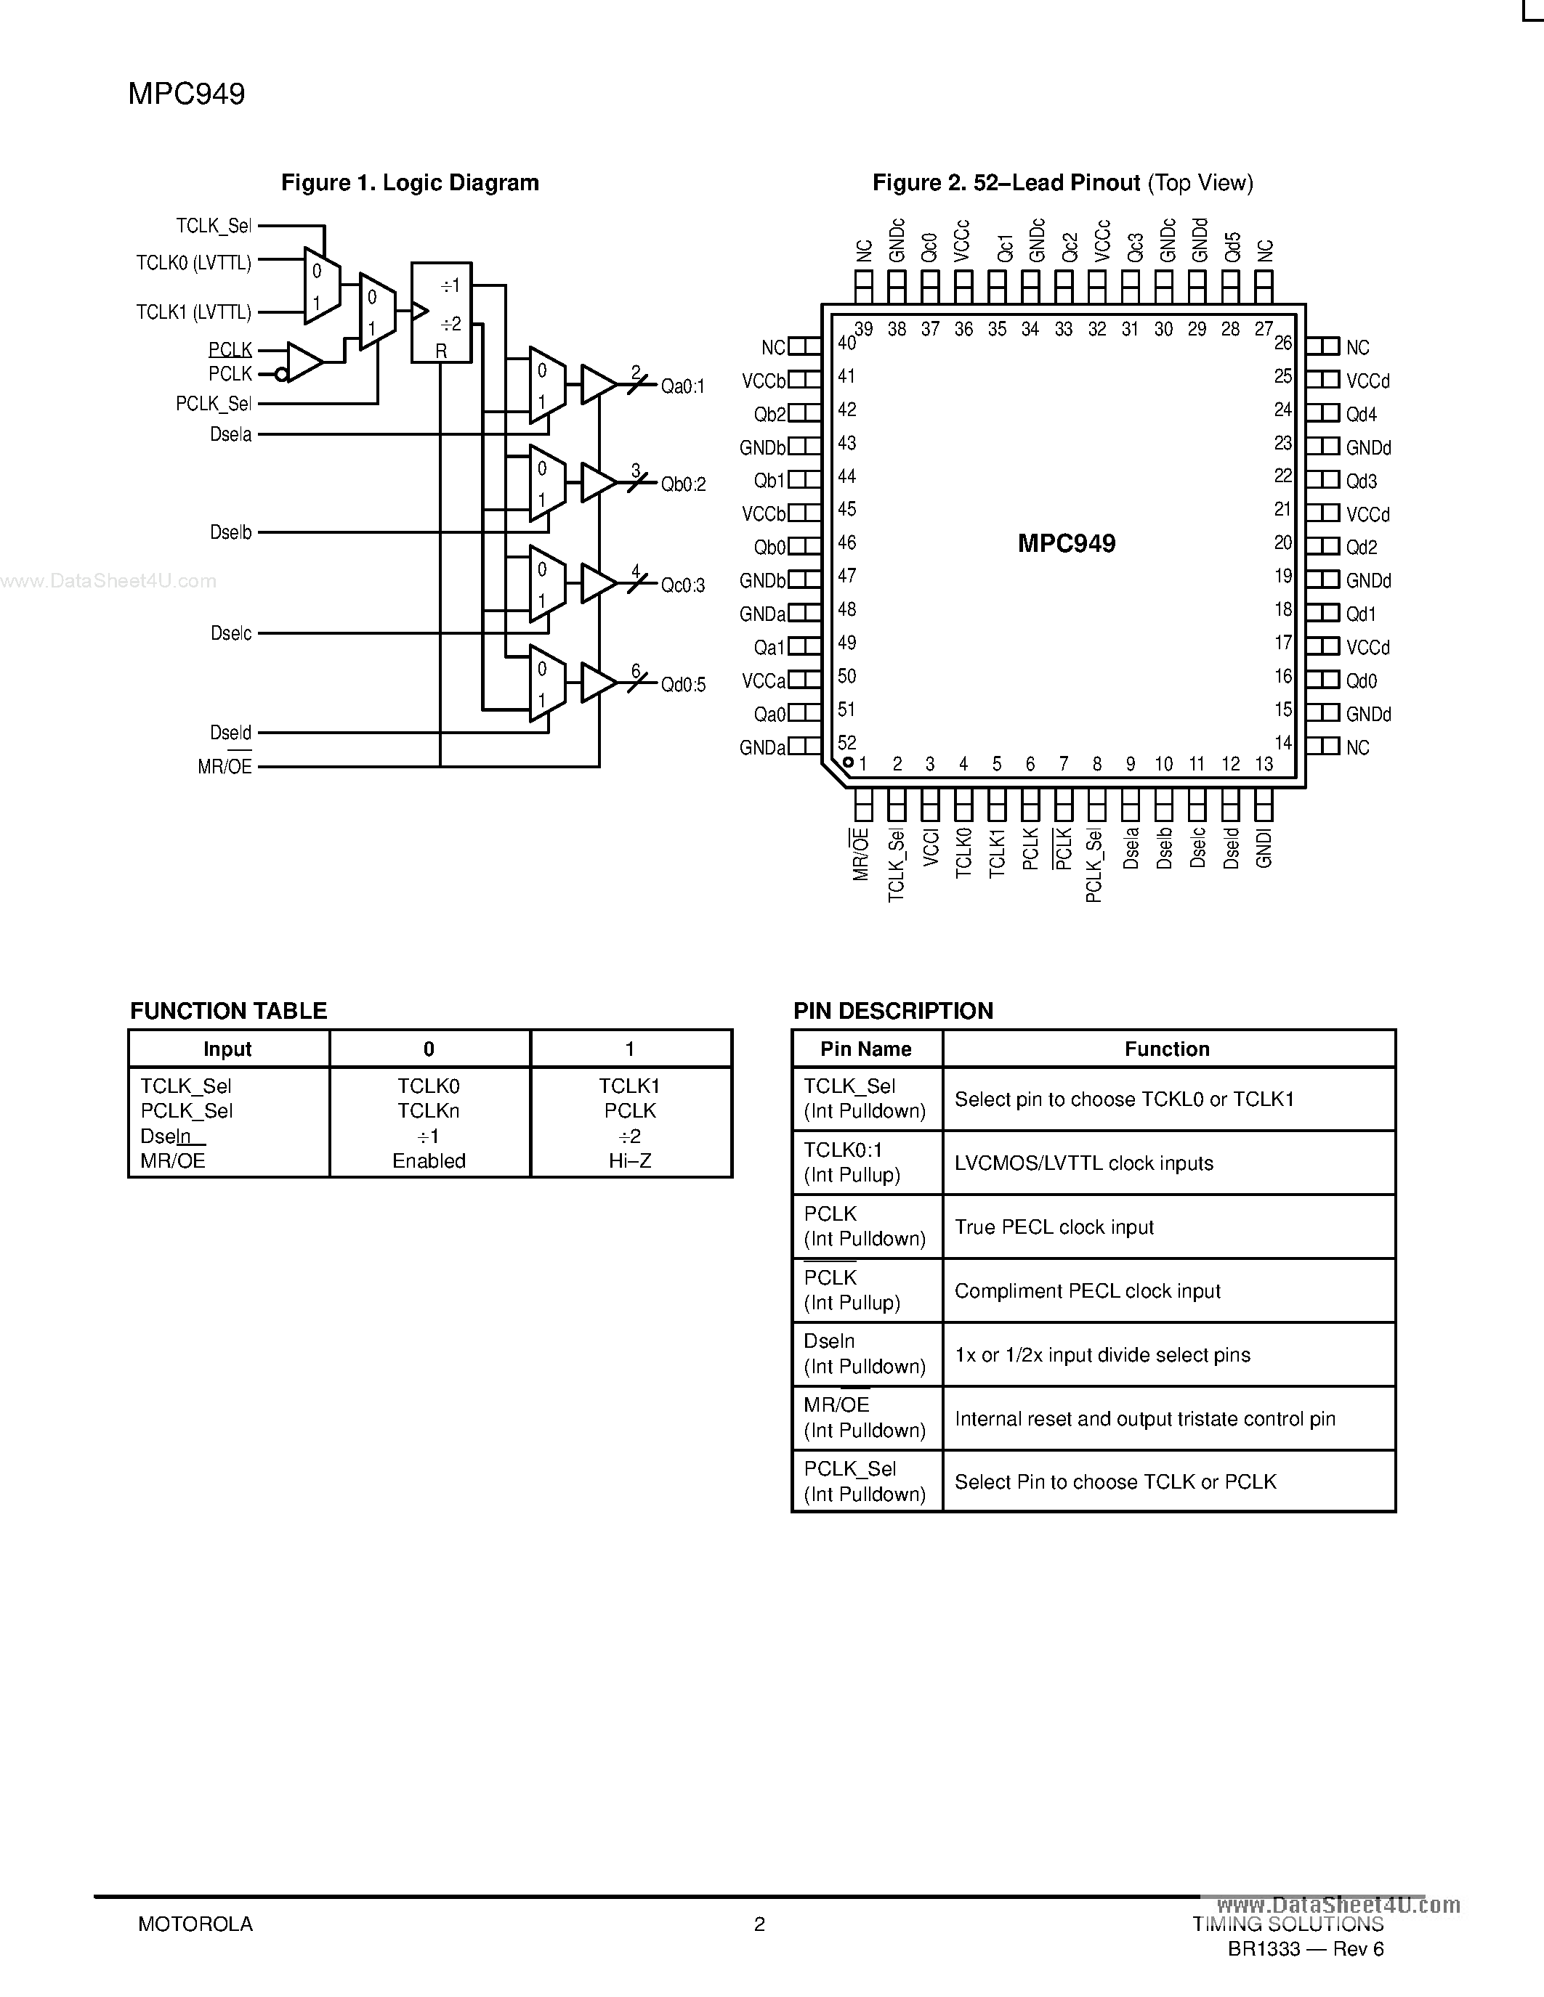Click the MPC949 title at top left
click(187, 94)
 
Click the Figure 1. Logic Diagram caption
click(410, 183)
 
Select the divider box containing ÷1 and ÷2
click(441, 313)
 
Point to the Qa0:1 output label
click(682, 387)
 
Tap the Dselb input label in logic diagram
click(230, 532)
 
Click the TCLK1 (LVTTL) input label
click(194, 313)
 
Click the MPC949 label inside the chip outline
click(1067, 544)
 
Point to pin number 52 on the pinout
click(847, 742)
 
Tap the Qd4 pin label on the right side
click(1361, 414)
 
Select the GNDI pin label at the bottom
click(1264, 848)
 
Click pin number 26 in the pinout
click(1283, 343)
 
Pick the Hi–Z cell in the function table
click(630, 1160)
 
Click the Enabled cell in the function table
click(429, 1160)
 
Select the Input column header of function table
click(227, 1049)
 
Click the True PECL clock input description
click(1054, 1227)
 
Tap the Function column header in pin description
click(1167, 1049)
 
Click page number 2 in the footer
click(759, 1924)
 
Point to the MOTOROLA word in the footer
click(195, 1924)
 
